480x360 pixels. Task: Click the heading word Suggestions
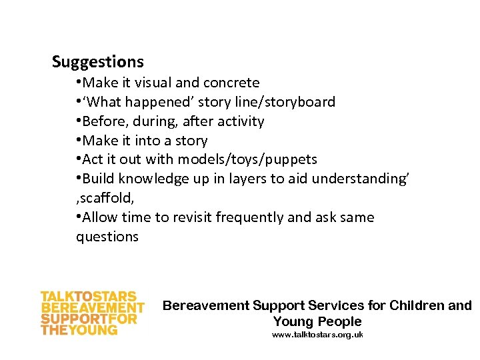click(x=97, y=62)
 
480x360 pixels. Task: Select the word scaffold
click(x=99, y=198)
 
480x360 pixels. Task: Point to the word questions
click(x=107, y=237)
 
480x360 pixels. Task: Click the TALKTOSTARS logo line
click(x=89, y=297)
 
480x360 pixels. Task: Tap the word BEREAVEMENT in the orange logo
click(x=93, y=308)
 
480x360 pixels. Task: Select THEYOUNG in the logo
click(x=79, y=329)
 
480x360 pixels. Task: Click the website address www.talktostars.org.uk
click(x=317, y=335)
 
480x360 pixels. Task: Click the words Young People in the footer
click(x=317, y=321)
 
